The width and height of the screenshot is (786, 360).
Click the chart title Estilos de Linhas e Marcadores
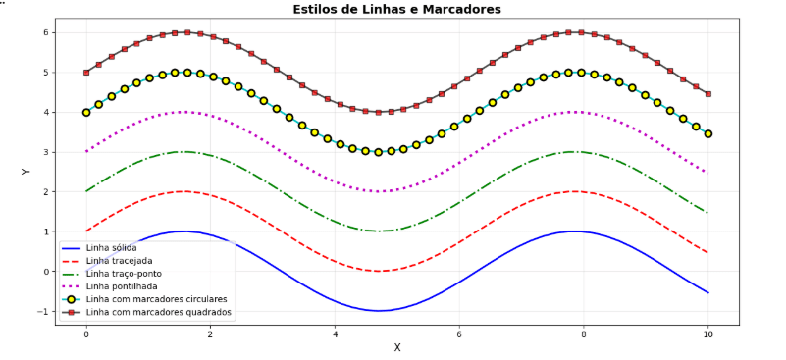click(396, 10)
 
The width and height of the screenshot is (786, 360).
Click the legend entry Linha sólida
click(110, 247)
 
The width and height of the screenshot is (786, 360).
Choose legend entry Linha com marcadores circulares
click(156, 299)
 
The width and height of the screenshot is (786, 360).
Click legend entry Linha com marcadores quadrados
click(158, 312)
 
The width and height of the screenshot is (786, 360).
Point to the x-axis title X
click(397, 347)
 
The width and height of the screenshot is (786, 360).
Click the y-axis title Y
click(26, 172)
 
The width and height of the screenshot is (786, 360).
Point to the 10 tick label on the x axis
click(707, 334)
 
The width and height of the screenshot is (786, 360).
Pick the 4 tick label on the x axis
click(335, 334)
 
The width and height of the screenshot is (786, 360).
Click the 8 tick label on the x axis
click(583, 334)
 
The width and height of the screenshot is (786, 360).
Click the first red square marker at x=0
click(86, 73)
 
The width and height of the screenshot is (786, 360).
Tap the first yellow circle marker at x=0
click(86, 112)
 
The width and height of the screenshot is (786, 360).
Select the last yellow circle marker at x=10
click(707, 133)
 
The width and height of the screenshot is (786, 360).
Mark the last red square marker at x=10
click(707, 94)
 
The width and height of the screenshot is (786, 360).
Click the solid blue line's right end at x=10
click(707, 292)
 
